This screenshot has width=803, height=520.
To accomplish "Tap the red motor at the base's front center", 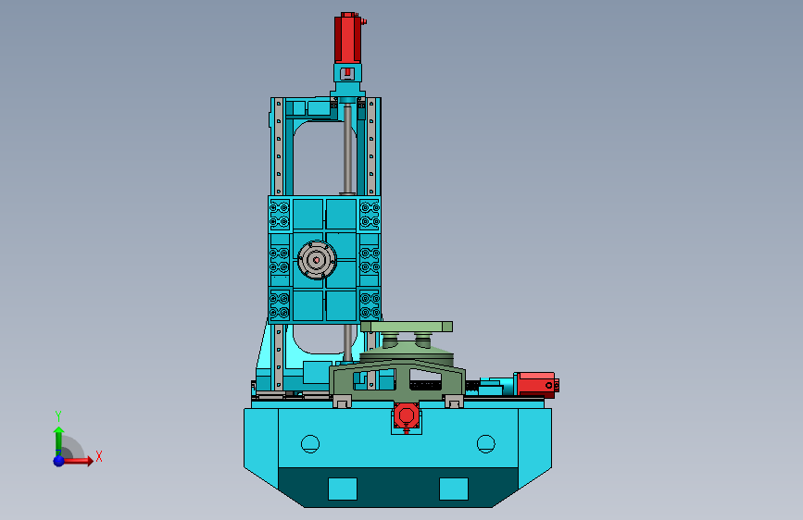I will click(x=405, y=416).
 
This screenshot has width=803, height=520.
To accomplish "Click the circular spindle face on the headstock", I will click(x=317, y=262).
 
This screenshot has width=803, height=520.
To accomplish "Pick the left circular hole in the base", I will click(x=310, y=443).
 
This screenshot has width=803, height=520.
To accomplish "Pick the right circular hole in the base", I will click(x=485, y=443).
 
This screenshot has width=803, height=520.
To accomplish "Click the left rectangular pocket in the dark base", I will click(x=343, y=488).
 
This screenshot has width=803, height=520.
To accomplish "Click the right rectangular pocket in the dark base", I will click(x=454, y=488).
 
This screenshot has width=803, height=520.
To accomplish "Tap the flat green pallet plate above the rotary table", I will click(x=408, y=326).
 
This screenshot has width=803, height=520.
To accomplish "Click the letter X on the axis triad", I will click(x=98, y=456).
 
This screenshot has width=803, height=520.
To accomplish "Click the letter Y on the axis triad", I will click(x=57, y=415).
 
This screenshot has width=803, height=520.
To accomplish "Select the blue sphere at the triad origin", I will click(x=58, y=460).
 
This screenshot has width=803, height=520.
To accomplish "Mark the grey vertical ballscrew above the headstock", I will click(x=347, y=148).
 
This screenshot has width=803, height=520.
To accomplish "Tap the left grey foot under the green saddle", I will click(x=342, y=402).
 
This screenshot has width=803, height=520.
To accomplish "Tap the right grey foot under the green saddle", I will click(x=454, y=402).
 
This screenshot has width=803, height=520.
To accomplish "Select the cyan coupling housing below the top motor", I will click(x=347, y=75).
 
